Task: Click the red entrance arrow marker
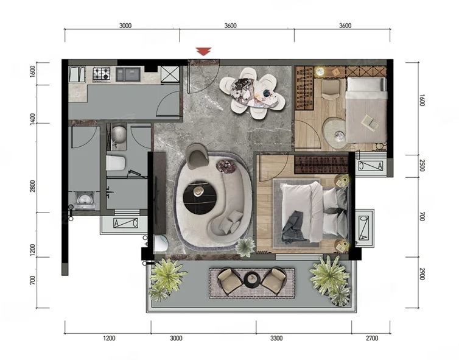204,52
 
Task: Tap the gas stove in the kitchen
102,74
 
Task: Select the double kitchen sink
128,74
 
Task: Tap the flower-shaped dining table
253,93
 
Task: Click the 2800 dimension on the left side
32,186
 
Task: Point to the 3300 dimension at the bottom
276,338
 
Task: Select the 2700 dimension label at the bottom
372,338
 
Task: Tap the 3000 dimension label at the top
125,26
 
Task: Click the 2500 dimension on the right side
422,166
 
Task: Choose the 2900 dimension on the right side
422,274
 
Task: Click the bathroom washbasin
119,134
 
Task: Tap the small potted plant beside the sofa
245,247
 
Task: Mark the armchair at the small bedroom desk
331,89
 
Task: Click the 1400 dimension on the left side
32,119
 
